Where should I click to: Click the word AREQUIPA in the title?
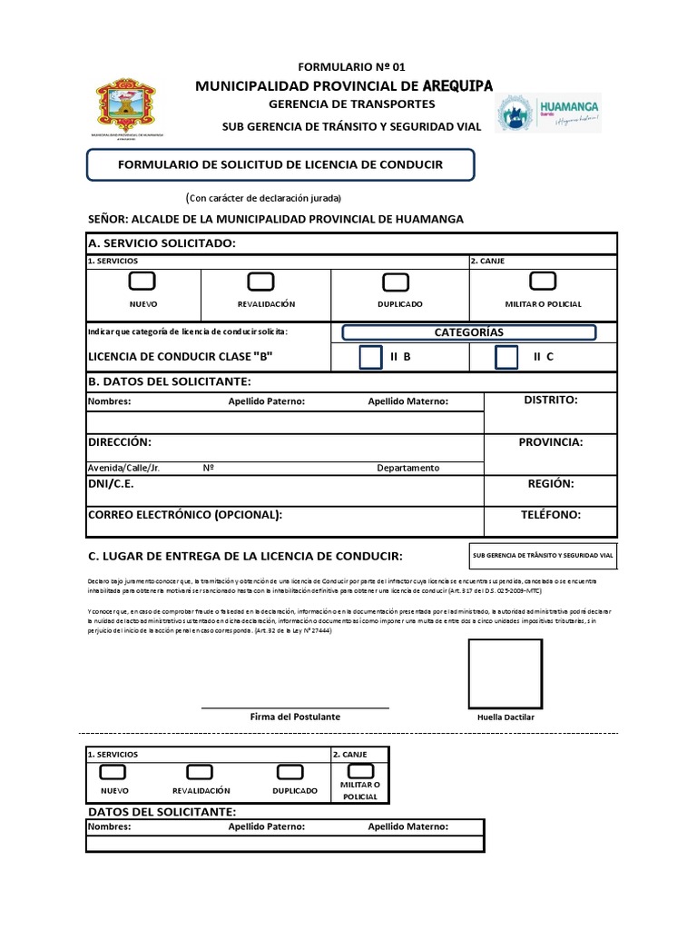pos(457,85)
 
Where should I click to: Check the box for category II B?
pos(370,357)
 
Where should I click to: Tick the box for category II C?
pos(506,357)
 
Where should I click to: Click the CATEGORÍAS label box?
pos(469,333)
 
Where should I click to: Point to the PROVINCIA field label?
pos(551,442)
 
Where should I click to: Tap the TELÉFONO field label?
pos(551,515)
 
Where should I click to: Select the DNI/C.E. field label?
pos(111,485)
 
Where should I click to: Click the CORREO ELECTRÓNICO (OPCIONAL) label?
pos(185,515)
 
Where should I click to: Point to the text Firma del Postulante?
pos(295,717)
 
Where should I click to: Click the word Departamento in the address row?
pos(408,468)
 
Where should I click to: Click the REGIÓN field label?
pos(551,485)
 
